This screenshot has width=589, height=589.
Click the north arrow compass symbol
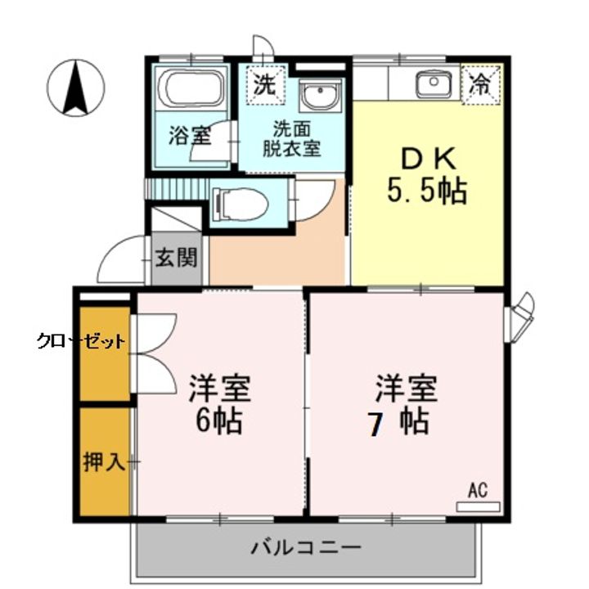tap(76, 88)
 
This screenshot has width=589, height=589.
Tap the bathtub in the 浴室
tap(191, 88)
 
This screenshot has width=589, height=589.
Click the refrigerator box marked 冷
tap(482, 84)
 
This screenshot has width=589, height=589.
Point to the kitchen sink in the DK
tap(433, 83)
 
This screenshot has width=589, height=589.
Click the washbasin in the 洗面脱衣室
tap(321, 94)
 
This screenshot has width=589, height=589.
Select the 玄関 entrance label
tap(177, 258)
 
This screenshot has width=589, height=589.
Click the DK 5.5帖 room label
tap(427, 175)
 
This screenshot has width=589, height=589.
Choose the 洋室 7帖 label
tap(404, 405)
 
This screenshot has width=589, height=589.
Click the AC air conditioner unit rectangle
tap(478, 506)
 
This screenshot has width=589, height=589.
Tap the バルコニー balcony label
tap(306, 547)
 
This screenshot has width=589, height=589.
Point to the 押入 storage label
tap(104, 461)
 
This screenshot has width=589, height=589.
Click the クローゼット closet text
tap(81, 342)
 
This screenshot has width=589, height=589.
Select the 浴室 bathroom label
tap(190, 135)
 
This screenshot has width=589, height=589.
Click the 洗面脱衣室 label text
tap(292, 139)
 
